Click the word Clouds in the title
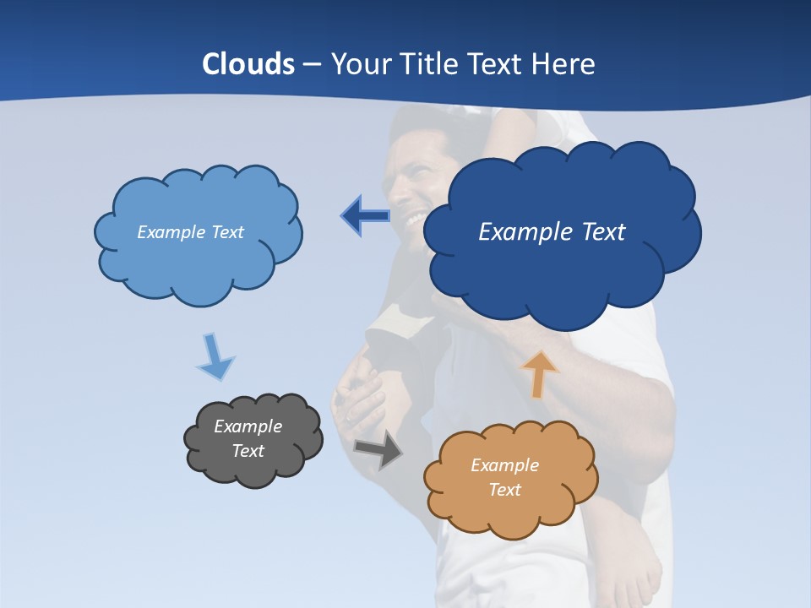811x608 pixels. pyautogui.click(x=248, y=64)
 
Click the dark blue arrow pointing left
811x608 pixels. pyautogui.click(x=365, y=216)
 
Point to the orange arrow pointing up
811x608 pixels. pyautogui.click(x=538, y=374)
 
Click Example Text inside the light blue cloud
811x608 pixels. pyautogui.click(x=190, y=232)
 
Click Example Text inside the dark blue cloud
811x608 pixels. pyautogui.click(x=552, y=232)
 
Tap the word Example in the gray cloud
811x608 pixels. pyautogui.click(x=248, y=426)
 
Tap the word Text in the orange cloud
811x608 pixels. pyautogui.click(x=504, y=490)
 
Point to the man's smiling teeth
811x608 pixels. pyautogui.click(x=416, y=220)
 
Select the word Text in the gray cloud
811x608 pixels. pyautogui.click(x=248, y=451)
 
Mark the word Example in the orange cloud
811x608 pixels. pyautogui.click(x=504, y=465)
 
